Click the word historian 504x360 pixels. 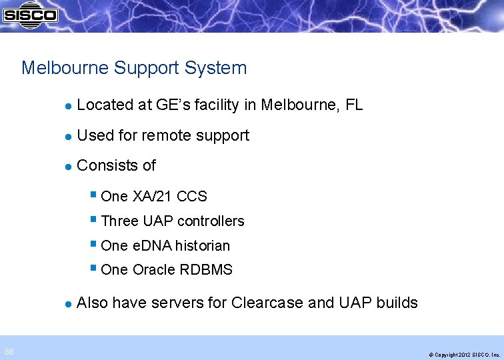point(201,246)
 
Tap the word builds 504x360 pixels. point(397,303)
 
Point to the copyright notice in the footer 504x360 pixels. point(464,355)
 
